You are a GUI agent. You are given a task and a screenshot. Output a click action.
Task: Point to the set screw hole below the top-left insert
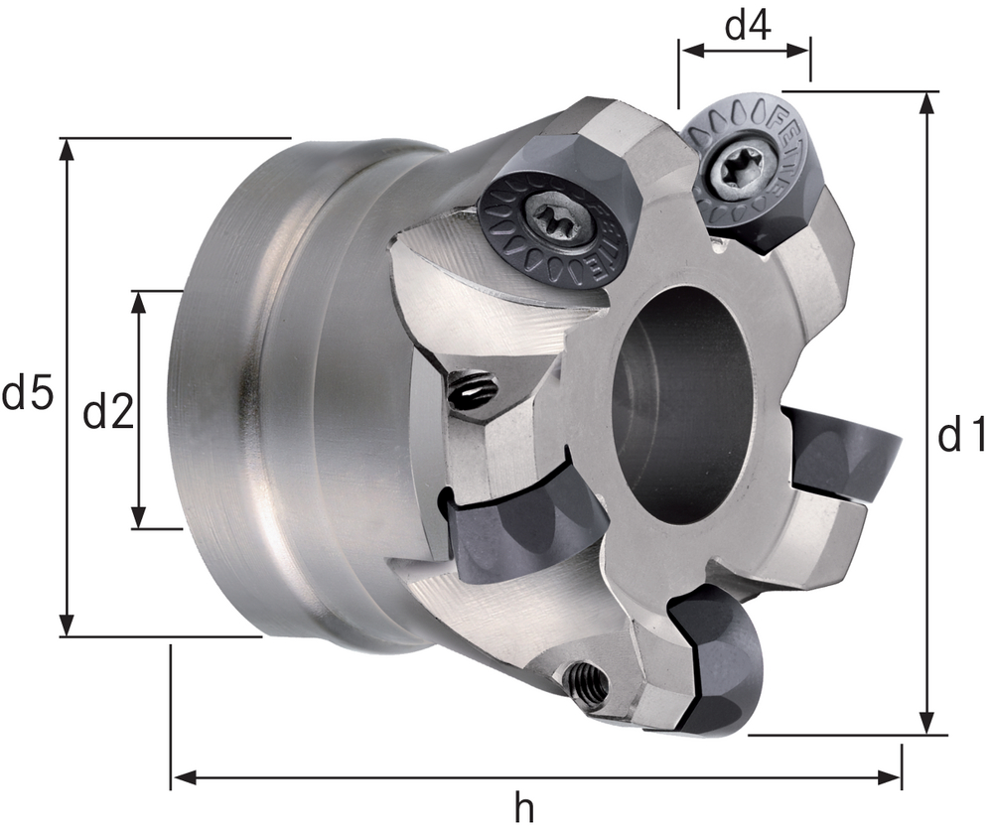tap(471, 390)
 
